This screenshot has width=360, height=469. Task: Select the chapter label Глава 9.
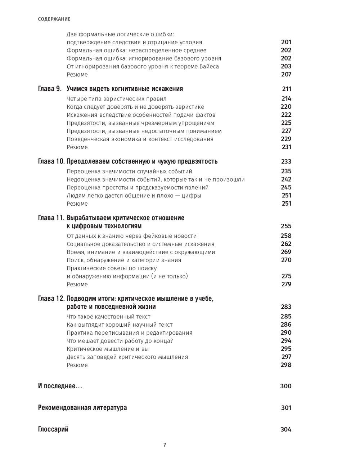(x=50, y=89)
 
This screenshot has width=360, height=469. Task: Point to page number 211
(x=287, y=89)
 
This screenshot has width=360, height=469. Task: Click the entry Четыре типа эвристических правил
(x=117, y=99)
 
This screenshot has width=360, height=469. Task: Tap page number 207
(x=286, y=75)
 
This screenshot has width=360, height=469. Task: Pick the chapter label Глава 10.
(x=51, y=161)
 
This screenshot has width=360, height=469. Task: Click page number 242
(x=286, y=179)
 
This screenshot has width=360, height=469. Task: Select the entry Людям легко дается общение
(x=134, y=196)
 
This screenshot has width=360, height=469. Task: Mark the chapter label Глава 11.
(x=51, y=218)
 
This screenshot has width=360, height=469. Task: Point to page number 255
(x=286, y=226)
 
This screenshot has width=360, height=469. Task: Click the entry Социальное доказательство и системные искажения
(x=140, y=244)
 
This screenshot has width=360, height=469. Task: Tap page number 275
(x=286, y=276)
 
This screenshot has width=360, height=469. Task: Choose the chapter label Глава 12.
(x=51, y=299)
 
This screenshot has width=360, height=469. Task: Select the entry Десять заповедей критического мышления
(x=127, y=357)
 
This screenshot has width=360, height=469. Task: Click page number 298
(x=286, y=365)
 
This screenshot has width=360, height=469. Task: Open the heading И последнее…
(x=60, y=386)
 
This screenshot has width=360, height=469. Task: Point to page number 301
(x=286, y=408)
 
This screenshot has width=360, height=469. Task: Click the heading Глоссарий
(x=53, y=429)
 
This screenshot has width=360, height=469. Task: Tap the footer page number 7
(x=165, y=445)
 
